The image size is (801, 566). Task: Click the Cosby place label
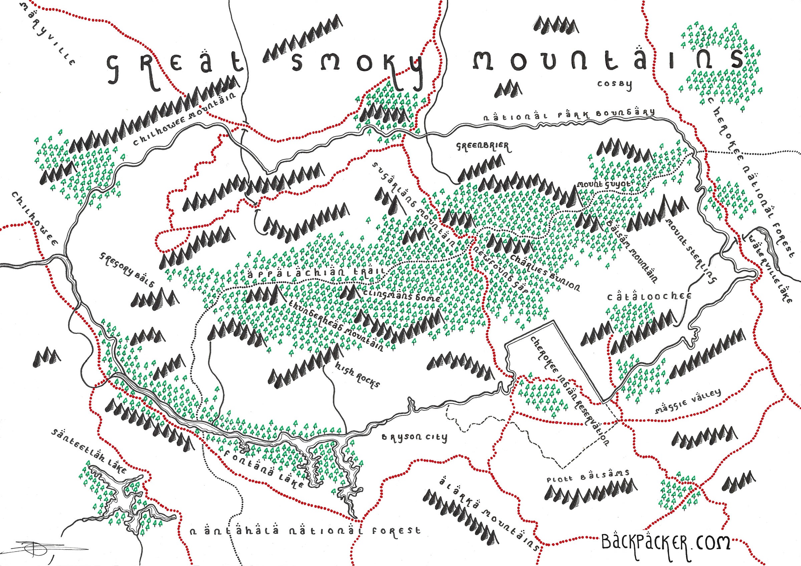614,85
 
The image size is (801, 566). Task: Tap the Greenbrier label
483,147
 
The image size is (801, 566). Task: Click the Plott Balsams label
588,476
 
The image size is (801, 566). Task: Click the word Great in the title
175,68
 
